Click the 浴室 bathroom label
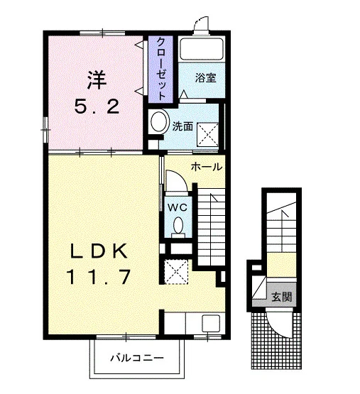(x=205, y=77)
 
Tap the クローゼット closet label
(x=161, y=69)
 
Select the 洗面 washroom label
(x=182, y=126)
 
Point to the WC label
(x=178, y=207)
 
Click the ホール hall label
(x=207, y=167)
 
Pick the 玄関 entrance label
(x=282, y=297)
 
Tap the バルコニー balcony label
(x=137, y=358)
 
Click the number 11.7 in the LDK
(x=98, y=276)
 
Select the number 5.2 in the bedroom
(x=97, y=106)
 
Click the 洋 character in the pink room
(x=97, y=80)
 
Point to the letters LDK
(x=99, y=251)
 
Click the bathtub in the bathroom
(x=202, y=49)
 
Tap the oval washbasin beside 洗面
(x=159, y=121)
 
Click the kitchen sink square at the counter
(x=211, y=324)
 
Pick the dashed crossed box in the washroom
(x=207, y=134)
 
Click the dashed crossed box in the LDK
(x=176, y=272)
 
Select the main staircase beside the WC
(x=211, y=226)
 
